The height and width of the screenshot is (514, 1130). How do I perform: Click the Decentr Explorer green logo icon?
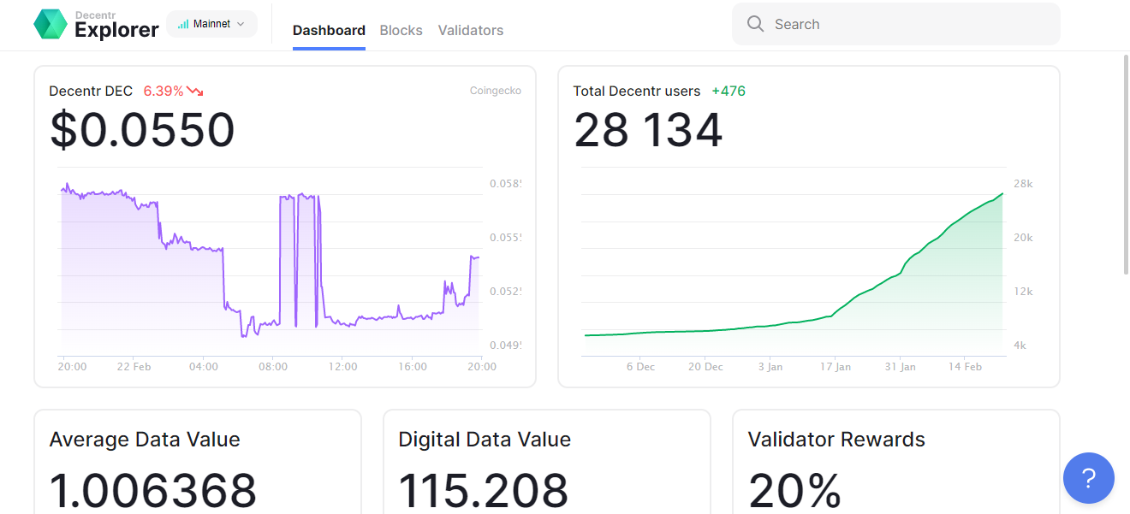pyautogui.click(x=51, y=24)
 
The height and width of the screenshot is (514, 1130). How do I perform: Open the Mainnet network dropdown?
pyautogui.click(x=212, y=24)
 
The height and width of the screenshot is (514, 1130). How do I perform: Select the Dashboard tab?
pyautogui.click(x=329, y=30)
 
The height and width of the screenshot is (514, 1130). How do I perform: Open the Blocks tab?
pyautogui.click(x=401, y=30)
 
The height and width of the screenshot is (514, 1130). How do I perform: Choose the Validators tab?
pyautogui.click(x=471, y=30)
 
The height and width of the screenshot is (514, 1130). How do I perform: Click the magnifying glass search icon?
pyautogui.click(x=755, y=24)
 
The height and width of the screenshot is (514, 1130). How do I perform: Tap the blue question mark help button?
pyautogui.click(x=1089, y=478)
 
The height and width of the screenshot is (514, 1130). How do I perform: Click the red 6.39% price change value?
pyautogui.click(x=164, y=91)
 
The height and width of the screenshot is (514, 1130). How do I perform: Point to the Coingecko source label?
pyautogui.click(x=496, y=90)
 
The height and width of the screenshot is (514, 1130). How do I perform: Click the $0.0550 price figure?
pyautogui.click(x=143, y=129)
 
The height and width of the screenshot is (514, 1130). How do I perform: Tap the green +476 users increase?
pyautogui.click(x=729, y=91)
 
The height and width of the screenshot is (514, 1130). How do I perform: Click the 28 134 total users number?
pyautogui.click(x=648, y=129)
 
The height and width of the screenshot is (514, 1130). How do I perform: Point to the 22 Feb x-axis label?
pyautogui.click(x=134, y=366)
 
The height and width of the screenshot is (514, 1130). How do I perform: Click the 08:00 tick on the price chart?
pyautogui.click(x=273, y=366)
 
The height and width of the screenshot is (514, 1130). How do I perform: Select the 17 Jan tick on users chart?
pyautogui.click(x=836, y=366)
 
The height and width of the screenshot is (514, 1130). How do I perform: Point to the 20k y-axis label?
pyautogui.click(x=1023, y=238)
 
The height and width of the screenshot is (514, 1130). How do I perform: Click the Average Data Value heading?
pyautogui.click(x=145, y=440)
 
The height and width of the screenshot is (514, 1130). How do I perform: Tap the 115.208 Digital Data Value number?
pyautogui.click(x=484, y=490)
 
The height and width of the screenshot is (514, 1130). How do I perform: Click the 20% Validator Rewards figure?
pyautogui.click(x=794, y=490)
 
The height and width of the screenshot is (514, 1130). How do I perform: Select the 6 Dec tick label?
pyautogui.click(x=640, y=366)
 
